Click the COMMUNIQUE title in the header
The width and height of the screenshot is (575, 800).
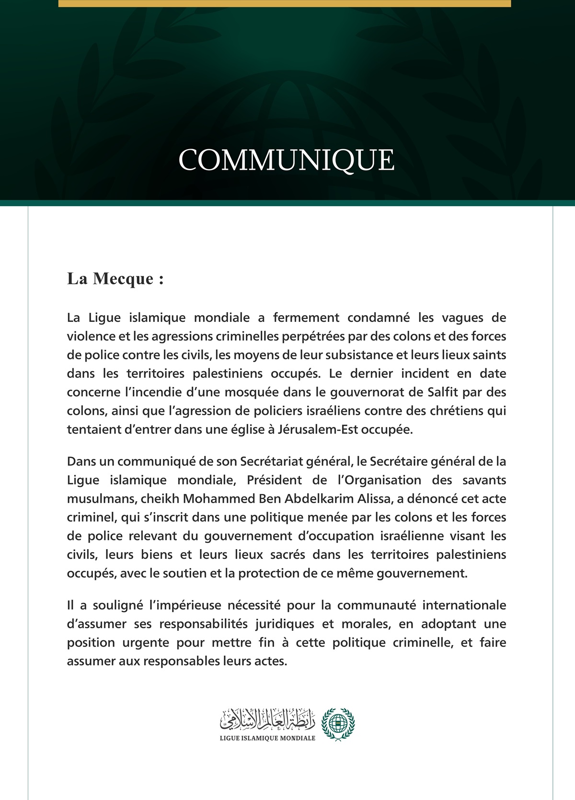coord(287,160)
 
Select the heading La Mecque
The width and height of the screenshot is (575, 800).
coord(115,279)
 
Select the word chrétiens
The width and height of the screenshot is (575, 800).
coord(457,411)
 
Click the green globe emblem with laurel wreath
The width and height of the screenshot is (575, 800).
coord(338,724)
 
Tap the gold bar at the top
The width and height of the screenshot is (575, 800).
coord(285,3)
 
